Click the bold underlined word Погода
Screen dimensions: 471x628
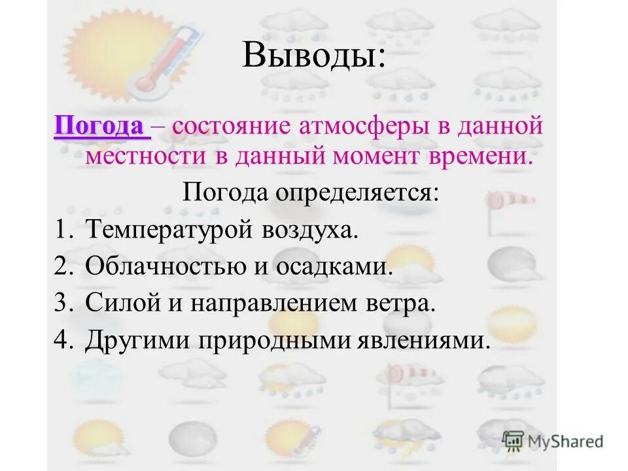pyautogui.click(x=99, y=126)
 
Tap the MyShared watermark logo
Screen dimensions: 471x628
pyautogui.click(x=553, y=440)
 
